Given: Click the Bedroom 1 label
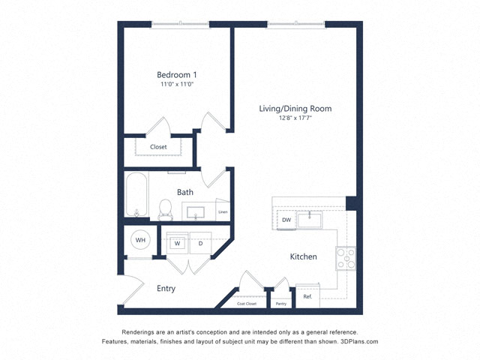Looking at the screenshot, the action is coord(177,75).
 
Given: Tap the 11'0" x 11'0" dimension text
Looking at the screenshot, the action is coord(177,84).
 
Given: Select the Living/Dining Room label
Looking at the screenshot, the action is coord(295,109).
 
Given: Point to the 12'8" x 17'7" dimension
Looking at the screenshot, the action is coord(295,118).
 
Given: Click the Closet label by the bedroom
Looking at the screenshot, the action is coord(158,147).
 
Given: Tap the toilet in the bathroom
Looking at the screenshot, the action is coord(166,210).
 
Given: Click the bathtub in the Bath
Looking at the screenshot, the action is coord(136,195).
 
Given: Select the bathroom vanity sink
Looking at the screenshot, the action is coord(196,212).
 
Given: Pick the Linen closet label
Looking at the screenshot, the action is coord(223,211).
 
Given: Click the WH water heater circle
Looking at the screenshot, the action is coord(140,240).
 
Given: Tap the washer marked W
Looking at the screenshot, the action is coord(177,243).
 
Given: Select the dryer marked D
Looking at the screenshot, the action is coord(200,243).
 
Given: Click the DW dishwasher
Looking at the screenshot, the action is coord(286,220).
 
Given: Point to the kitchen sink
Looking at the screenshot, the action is coord(310,220).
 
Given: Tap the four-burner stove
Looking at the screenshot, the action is coord(346,258).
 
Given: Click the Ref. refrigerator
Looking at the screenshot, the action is coord(307,296).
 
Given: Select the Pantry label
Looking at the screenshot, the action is coord(281,304).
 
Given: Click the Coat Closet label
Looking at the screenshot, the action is coord(247,304).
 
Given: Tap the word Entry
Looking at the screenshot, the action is coord(166,288).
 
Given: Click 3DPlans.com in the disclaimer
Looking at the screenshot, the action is coord(359,341).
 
